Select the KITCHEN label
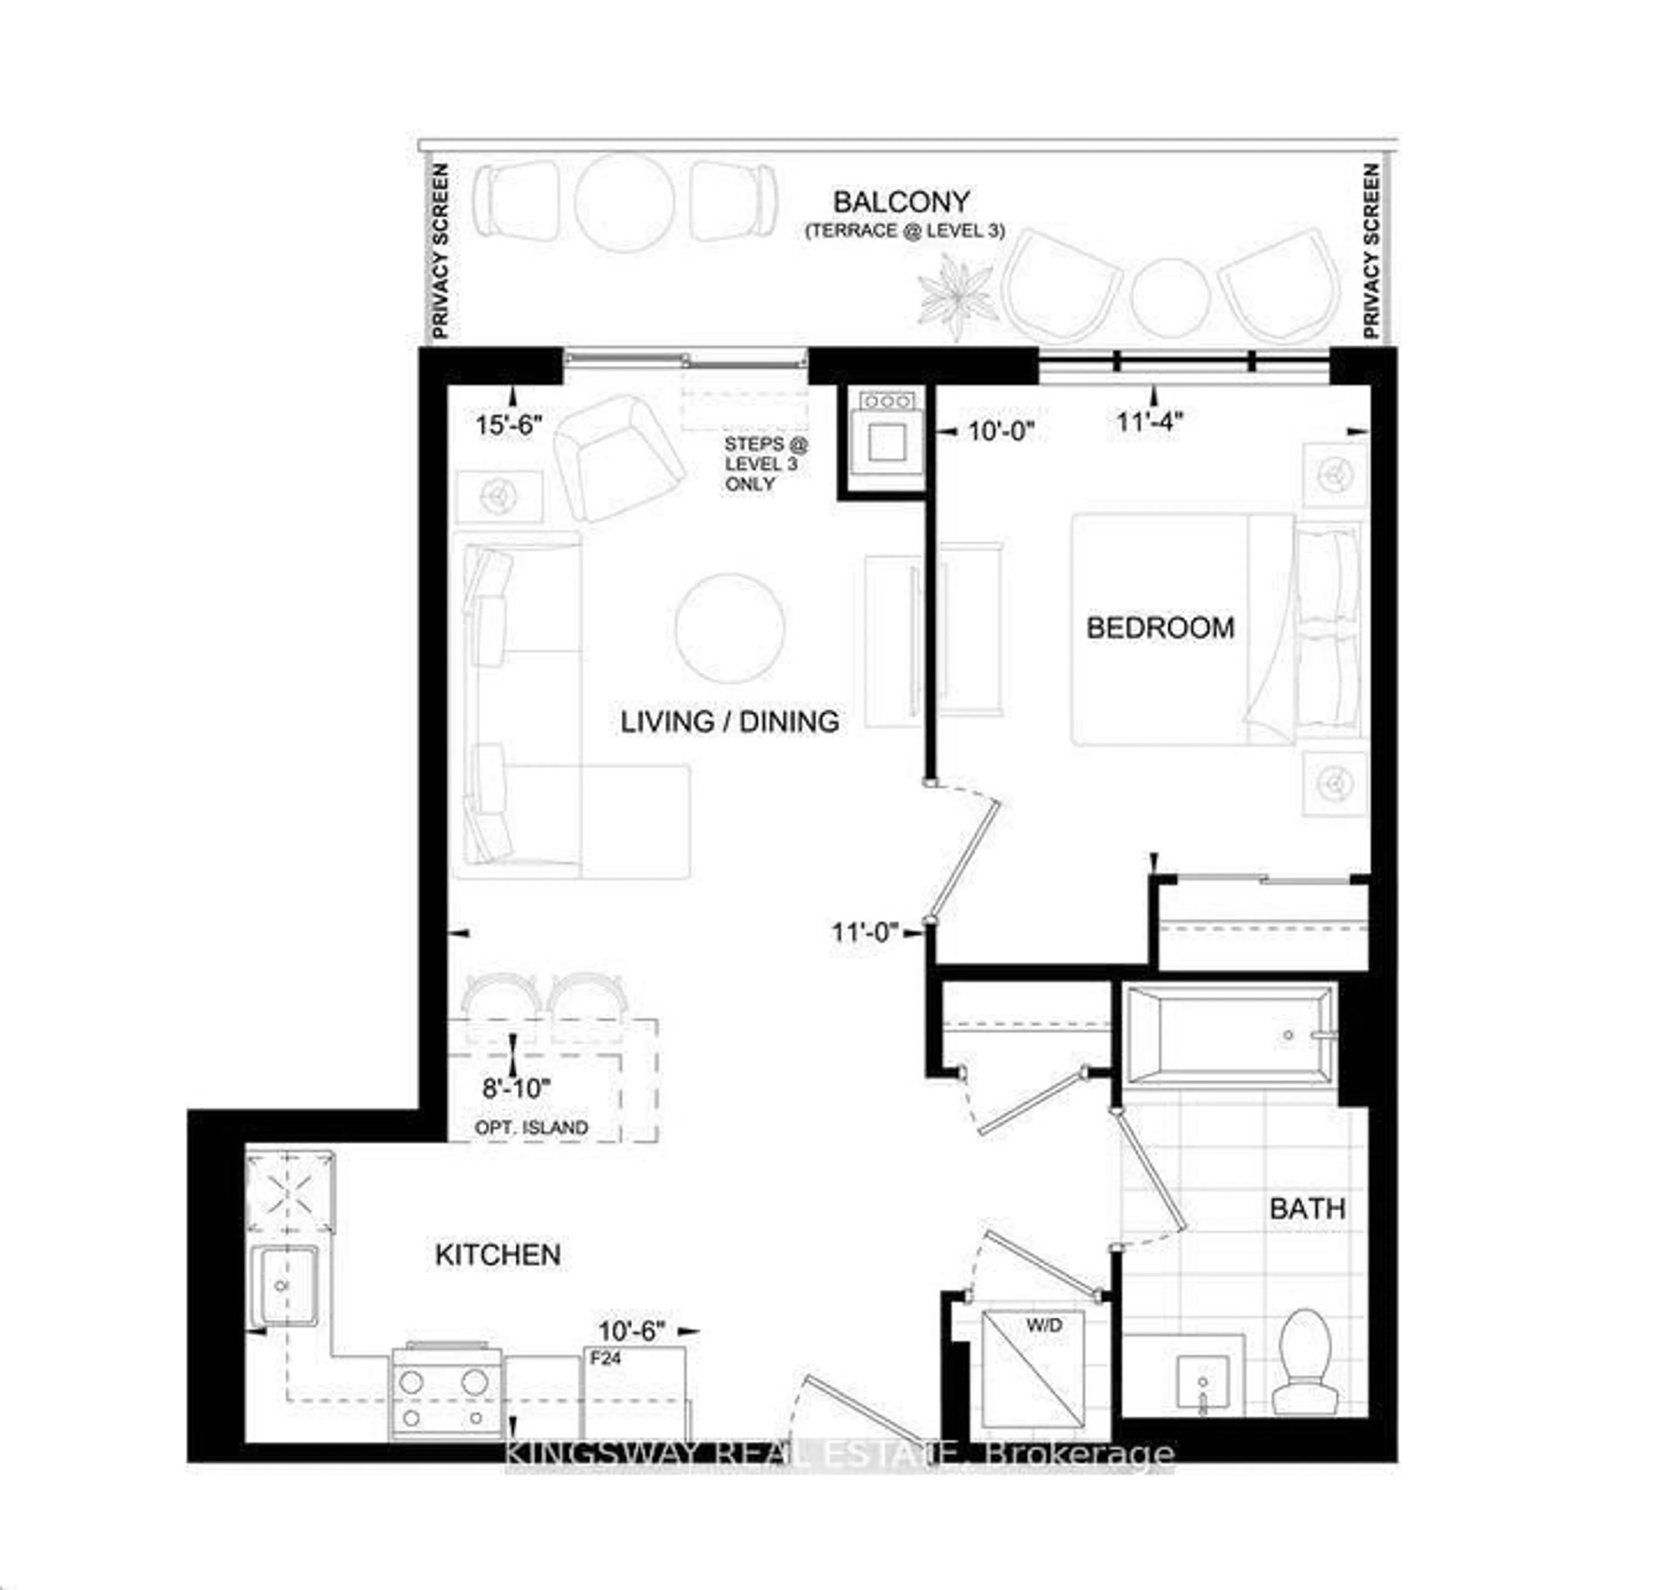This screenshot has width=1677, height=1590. [497, 1255]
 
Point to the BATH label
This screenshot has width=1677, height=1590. [1307, 1209]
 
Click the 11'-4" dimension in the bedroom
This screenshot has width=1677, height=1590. [1149, 421]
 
